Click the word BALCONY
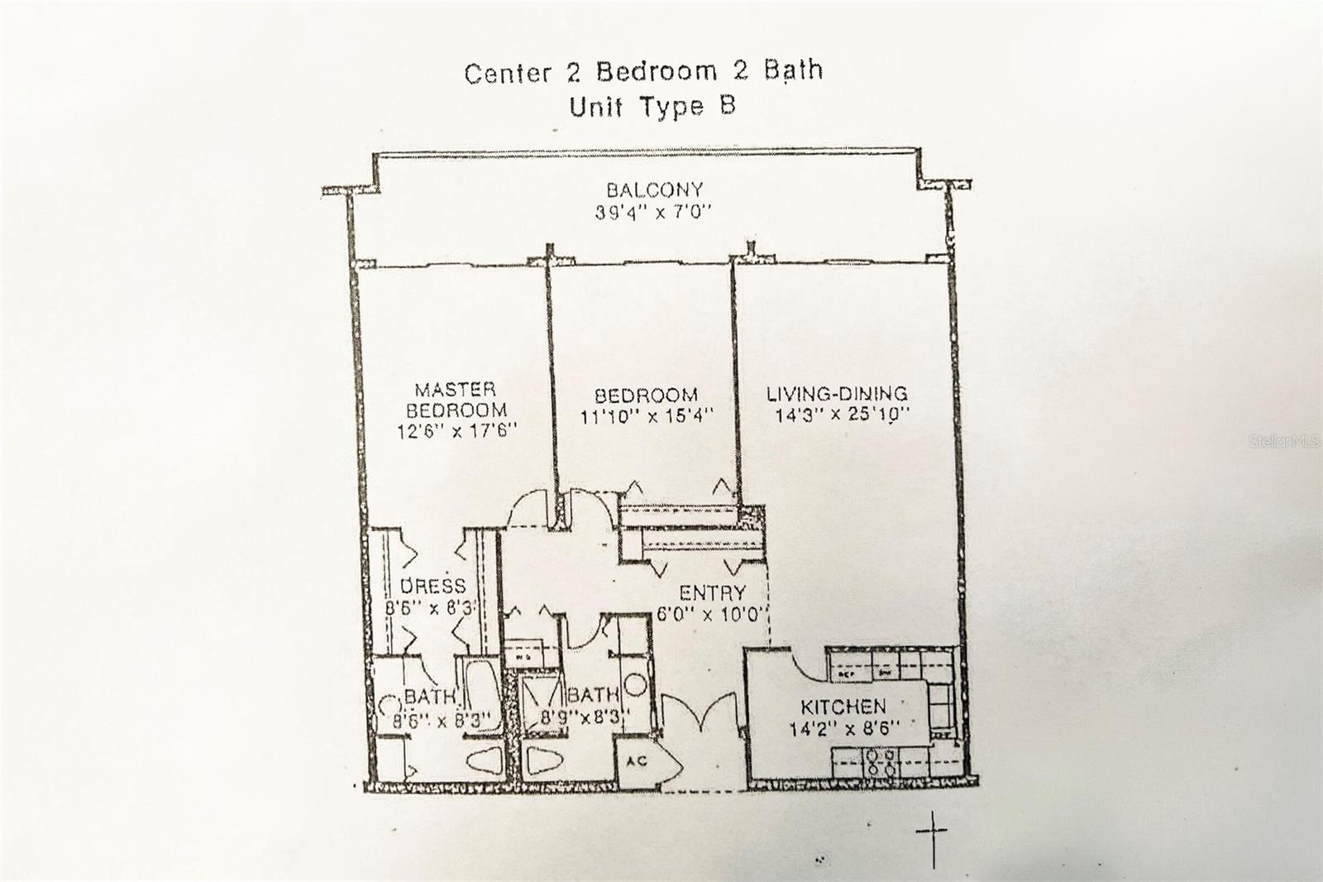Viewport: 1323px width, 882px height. pyautogui.click(x=654, y=190)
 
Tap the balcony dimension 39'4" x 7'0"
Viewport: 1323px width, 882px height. pyautogui.click(x=653, y=213)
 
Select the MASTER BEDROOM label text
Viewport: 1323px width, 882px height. pyautogui.click(x=456, y=400)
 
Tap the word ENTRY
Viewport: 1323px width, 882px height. pyautogui.click(x=712, y=593)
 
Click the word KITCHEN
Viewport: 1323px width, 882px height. pyautogui.click(x=843, y=707)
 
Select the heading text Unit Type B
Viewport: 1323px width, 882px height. pyautogui.click(x=652, y=107)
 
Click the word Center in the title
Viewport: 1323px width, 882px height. pyautogui.click(x=507, y=73)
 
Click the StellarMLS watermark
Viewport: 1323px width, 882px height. pyautogui.click(x=1283, y=442)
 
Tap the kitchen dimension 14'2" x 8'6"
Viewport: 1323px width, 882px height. pyautogui.click(x=843, y=730)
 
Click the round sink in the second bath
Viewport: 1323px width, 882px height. pyautogui.click(x=635, y=686)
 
